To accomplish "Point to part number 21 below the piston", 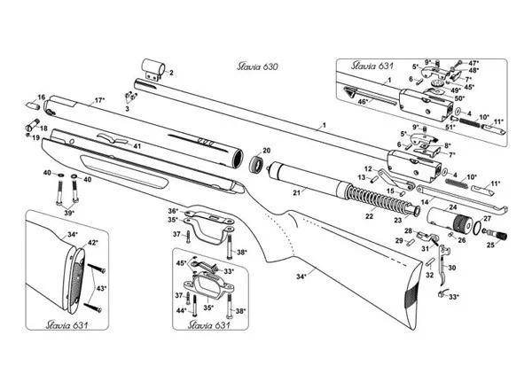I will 298,192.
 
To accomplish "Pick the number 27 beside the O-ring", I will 486,215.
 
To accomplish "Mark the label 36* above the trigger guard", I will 173,209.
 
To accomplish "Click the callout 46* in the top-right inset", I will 364,104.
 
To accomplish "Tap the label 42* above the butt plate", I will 93,241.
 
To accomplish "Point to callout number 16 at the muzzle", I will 41,97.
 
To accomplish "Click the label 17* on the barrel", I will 99,100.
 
